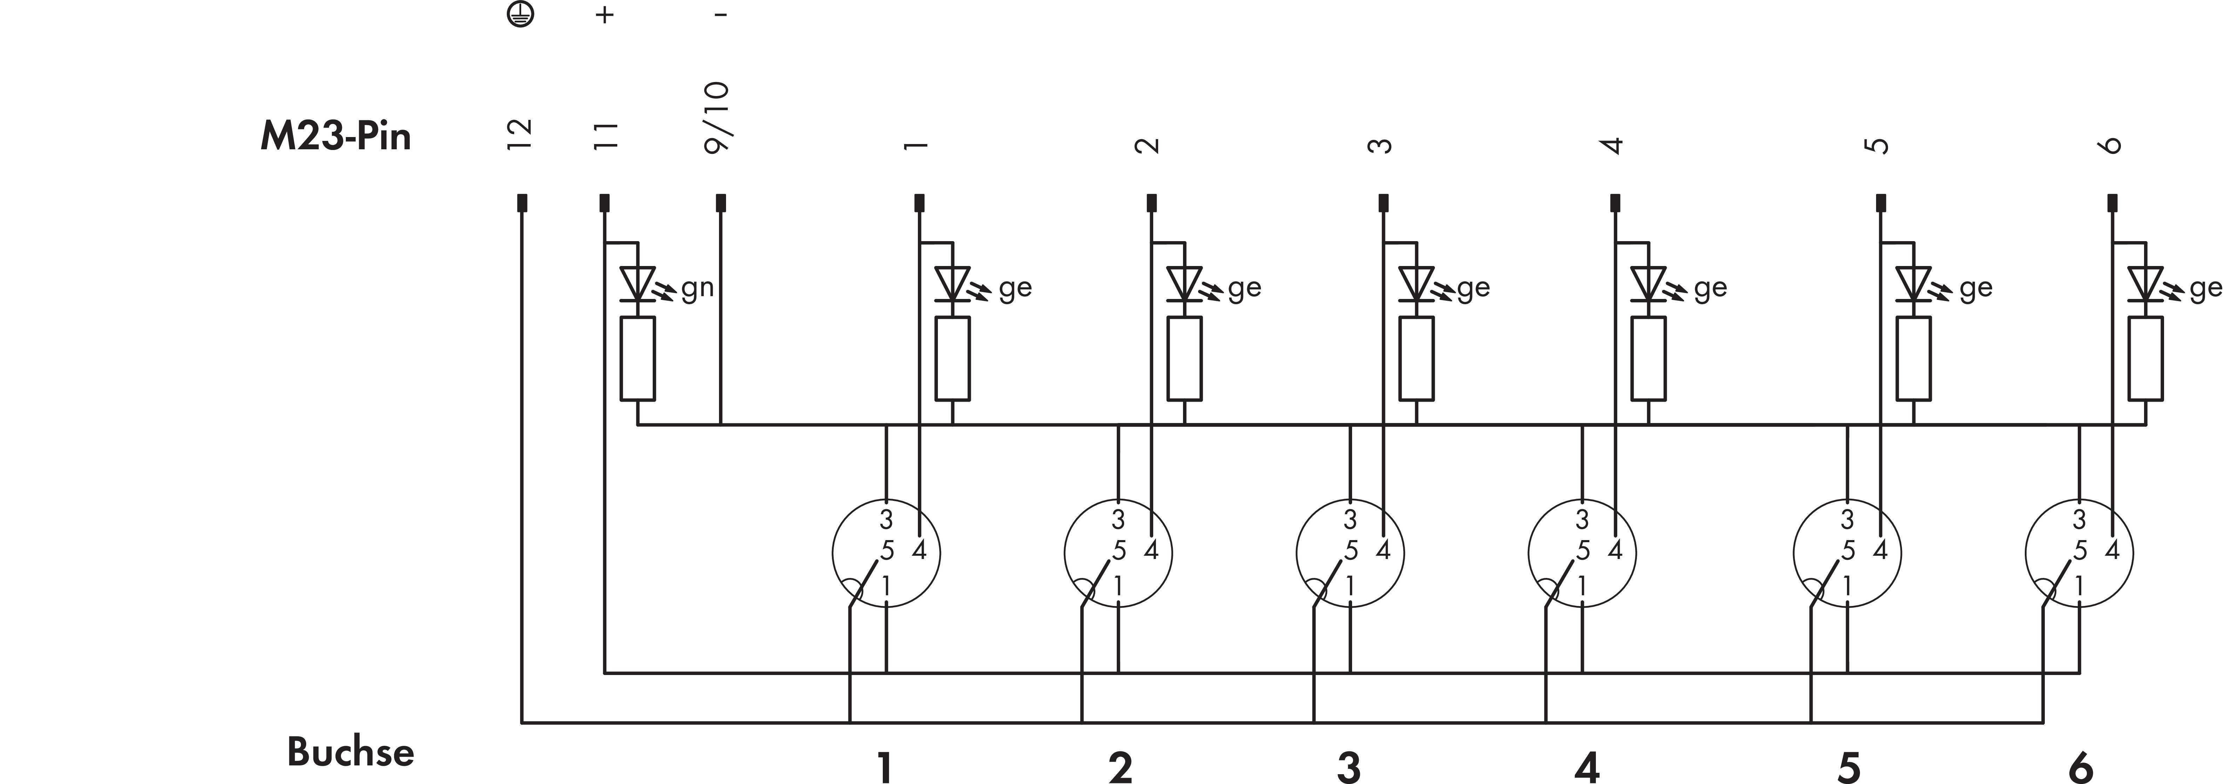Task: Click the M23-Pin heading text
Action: tap(335, 136)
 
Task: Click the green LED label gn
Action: tap(697, 288)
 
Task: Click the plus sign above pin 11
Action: tap(605, 15)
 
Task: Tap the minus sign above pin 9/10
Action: tap(721, 15)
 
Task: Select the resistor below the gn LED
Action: tap(637, 359)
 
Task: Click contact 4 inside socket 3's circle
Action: tap(1383, 551)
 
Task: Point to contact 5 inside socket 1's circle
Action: tap(887, 551)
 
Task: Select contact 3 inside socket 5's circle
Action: tap(1847, 519)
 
